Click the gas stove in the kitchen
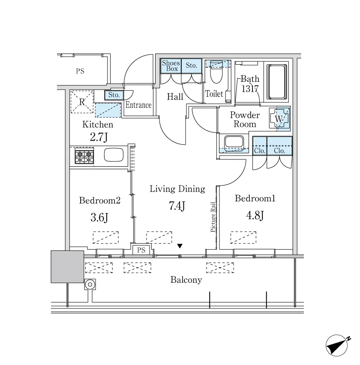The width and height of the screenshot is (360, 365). click(84, 156)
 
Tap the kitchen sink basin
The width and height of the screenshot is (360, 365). click(114, 155)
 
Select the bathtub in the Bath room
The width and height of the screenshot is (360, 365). click(276, 82)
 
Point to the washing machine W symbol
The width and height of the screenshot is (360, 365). click(279, 119)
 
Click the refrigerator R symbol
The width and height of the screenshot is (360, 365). click(82, 102)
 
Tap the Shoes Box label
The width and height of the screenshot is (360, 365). click(171, 66)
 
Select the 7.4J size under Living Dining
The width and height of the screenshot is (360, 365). click(177, 206)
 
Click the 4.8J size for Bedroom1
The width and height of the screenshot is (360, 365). click(255, 215)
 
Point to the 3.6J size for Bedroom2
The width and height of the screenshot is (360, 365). click(99, 218)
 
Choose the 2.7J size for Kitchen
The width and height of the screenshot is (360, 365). click(99, 137)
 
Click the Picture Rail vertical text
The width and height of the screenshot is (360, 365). click(213, 217)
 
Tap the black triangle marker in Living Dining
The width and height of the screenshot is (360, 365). click(180, 246)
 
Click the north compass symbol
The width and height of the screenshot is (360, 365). click(337, 345)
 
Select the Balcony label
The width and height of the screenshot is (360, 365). click(186, 280)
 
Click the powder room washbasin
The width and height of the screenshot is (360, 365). click(234, 141)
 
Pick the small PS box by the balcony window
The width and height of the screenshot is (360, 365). click(141, 250)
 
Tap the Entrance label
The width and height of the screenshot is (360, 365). click(138, 105)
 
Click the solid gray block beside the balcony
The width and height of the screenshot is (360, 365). click(67, 267)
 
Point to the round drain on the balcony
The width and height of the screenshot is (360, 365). click(90, 284)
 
